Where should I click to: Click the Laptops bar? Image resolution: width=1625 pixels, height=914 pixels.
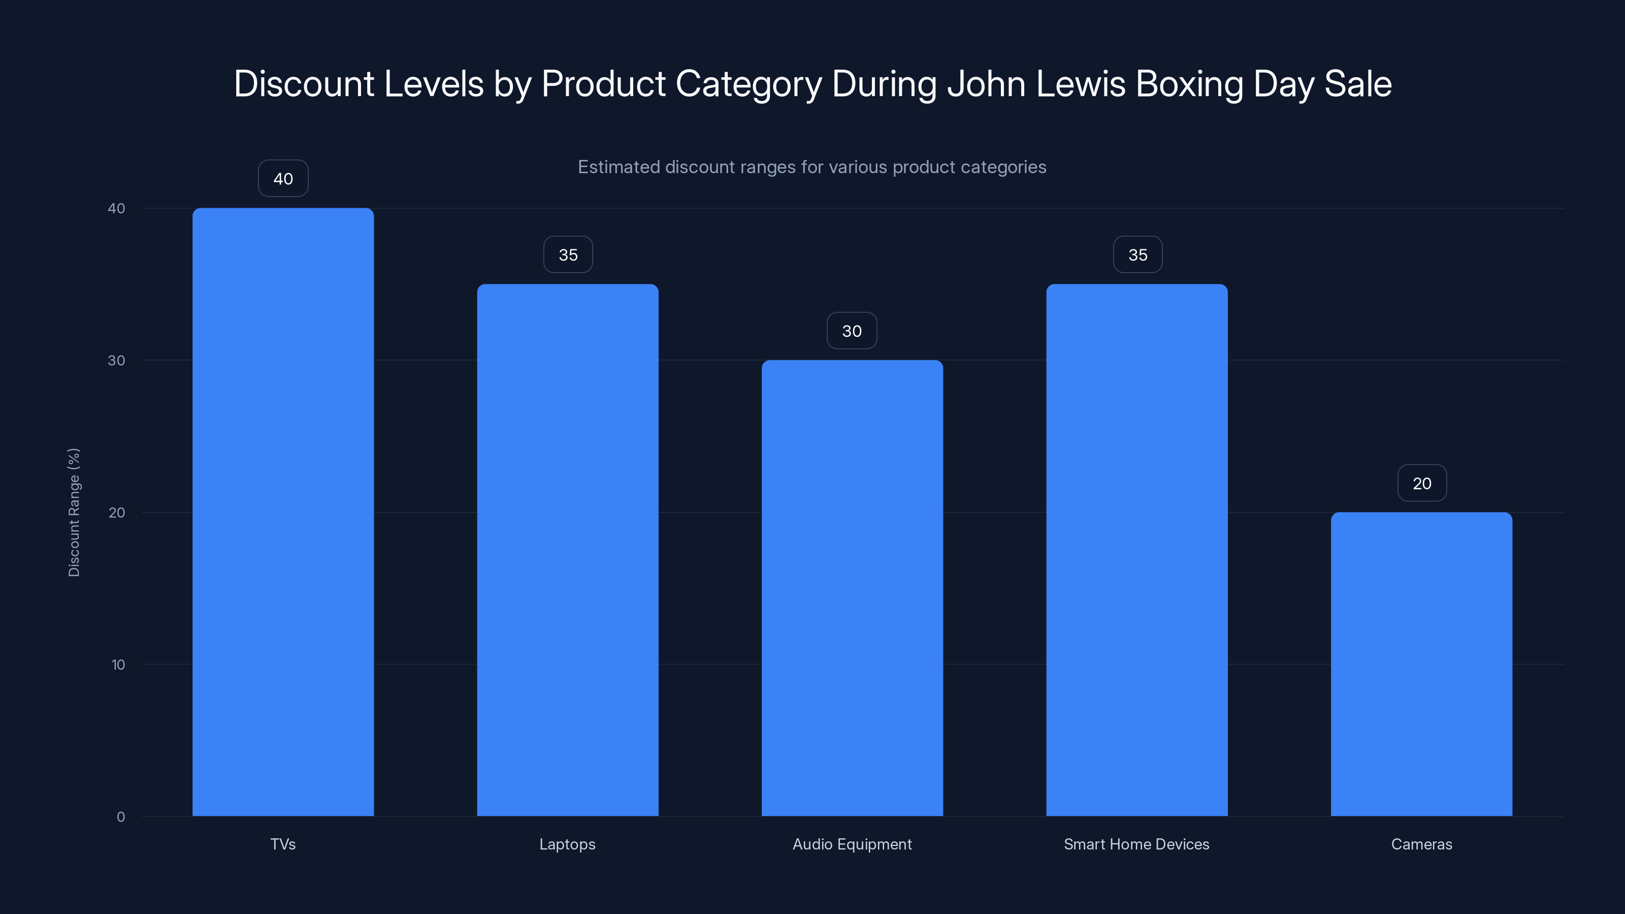(567, 549)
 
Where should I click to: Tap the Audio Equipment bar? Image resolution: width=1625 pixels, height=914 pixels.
(852, 587)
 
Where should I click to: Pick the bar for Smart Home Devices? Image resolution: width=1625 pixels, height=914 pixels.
(1137, 549)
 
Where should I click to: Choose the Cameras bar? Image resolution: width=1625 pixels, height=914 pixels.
(1421, 664)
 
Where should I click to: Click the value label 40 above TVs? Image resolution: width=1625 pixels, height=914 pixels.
(283, 179)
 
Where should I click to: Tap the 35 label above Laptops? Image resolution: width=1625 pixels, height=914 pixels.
(568, 255)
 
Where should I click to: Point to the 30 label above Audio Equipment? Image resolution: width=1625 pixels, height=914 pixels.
(852, 331)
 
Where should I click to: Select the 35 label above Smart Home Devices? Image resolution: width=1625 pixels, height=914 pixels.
(1137, 255)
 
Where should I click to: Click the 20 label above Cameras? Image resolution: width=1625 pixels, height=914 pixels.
(1422, 484)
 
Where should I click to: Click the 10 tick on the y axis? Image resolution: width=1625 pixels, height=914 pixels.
(118, 665)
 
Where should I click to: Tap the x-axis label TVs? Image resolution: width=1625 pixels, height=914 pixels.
(283, 844)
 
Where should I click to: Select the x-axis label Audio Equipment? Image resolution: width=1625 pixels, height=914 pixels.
(852, 844)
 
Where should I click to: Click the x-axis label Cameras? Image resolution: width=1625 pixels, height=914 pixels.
(1421, 844)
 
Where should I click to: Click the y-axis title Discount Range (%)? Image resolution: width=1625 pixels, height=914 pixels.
(74, 512)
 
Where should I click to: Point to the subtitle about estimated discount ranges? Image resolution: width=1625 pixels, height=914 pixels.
(812, 167)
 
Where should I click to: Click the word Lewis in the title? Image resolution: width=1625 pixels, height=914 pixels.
(1081, 84)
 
